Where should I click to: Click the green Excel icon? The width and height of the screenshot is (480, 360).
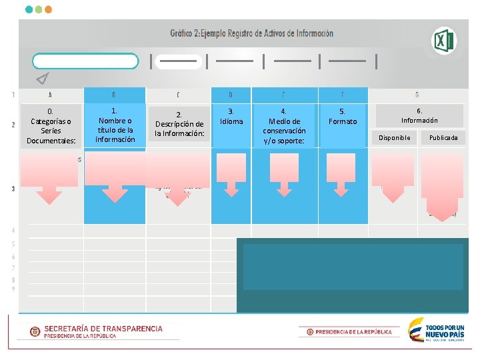[x=443, y=41]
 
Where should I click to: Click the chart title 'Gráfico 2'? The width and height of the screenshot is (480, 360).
[x=251, y=33]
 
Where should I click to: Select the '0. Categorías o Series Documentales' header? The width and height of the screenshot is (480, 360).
[x=51, y=125]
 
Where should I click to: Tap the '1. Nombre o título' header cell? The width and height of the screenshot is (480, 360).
[x=115, y=125]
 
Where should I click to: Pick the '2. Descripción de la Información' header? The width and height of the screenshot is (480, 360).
[x=179, y=124]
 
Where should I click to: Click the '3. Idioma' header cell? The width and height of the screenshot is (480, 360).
[x=231, y=117]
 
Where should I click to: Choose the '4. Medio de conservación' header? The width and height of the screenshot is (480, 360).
[x=284, y=125]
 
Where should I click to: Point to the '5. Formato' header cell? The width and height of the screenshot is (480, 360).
[x=342, y=117]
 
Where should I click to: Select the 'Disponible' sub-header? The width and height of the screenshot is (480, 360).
[x=395, y=138]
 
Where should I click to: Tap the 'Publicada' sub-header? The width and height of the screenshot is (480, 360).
[x=443, y=138]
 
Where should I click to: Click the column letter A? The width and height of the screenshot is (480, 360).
[x=51, y=95]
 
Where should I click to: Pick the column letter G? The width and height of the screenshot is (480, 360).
[x=417, y=95]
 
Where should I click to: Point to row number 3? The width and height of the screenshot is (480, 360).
[x=13, y=189]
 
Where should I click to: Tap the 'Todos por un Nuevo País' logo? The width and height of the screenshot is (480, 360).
[x=436, y=330]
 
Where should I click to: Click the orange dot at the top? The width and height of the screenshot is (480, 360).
[x=48, y=10]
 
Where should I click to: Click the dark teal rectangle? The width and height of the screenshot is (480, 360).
[x=353, y=274]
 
